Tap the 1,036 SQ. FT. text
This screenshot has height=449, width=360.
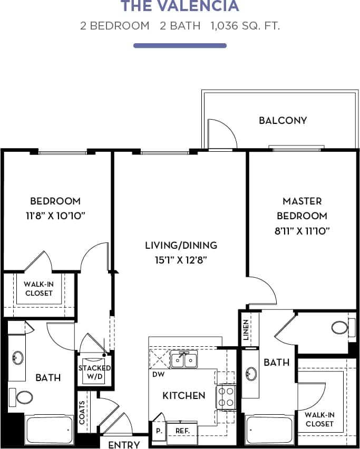[x=245, y=26]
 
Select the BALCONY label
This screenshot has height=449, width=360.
[x=283, y=121]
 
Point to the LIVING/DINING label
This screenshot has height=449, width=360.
[x=181, y=246]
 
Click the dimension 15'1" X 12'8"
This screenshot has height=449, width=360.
[x=181, y=259]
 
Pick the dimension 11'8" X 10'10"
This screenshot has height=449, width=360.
[x=55, y=216]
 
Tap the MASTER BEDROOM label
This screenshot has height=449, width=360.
[x=301, y=208]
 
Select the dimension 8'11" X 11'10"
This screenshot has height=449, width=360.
[x=302, y=230]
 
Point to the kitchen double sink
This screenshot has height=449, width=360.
[x=184, y=360]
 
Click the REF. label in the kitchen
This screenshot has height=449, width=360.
[x=182, y=431]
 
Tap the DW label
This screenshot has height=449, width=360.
[x=157, y=375]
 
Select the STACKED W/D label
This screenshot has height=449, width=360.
[x=94, y=372]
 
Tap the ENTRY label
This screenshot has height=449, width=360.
[x=124, y=444]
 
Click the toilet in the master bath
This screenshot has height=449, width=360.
[x=340, y=327]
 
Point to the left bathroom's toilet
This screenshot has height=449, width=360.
[x=24, y=396]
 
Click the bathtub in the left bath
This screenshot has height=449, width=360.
[x=49, y=429]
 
